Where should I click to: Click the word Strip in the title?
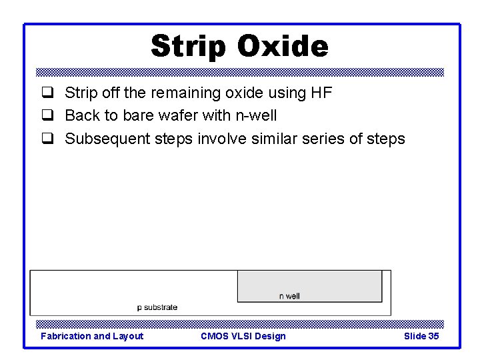pos(189,47)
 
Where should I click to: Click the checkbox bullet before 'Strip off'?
pos(47,93)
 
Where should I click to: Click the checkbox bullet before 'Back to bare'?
pos(47,116)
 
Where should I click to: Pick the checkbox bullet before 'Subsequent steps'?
pos(47,139)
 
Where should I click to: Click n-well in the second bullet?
pos(255,115)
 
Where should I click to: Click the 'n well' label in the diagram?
pos(289,296)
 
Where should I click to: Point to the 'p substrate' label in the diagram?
pos(157,307)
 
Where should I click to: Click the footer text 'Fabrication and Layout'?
pos(92,336)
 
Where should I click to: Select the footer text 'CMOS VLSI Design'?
pos(243,336)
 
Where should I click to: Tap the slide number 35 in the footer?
pos(433,336)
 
